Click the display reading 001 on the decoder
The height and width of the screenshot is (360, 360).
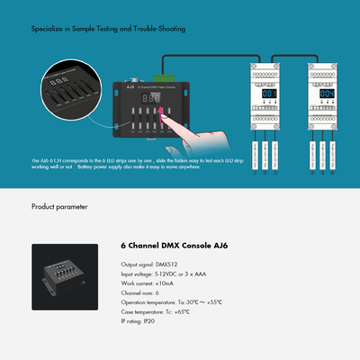(x=269, y=94)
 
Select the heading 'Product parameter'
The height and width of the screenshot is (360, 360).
(x=59, y=206)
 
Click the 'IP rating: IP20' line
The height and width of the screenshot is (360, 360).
(x=141, y=322)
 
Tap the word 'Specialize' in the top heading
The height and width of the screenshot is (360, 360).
(x=46, y=29)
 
